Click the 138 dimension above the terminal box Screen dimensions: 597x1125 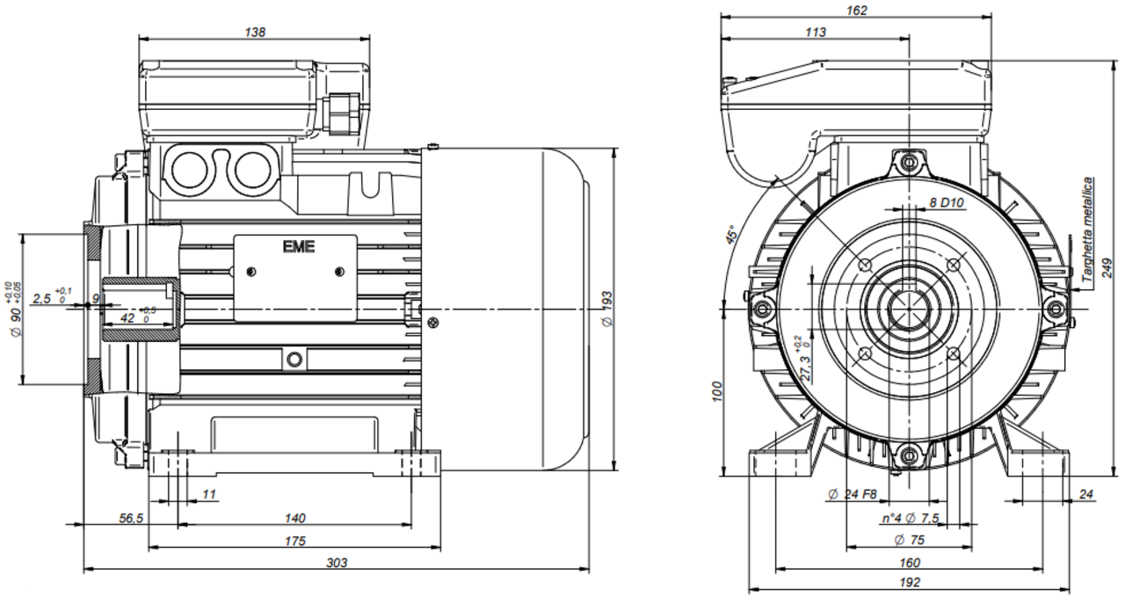[x=254, y=32]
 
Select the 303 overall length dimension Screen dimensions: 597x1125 [x=337, y=563]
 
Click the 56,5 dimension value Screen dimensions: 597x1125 [x=129, y=518]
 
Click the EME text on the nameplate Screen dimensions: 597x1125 [x=296, y=247]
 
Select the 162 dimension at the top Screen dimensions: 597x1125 [x=857, y=11]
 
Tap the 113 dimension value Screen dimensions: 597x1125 [x=815, y=33]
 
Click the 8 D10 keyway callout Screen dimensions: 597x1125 [x=947, y=202]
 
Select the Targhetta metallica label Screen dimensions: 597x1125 [x=1088, y=230]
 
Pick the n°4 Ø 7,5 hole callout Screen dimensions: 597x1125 [x=911, y=519]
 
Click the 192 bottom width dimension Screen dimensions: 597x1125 [x=910, y=583]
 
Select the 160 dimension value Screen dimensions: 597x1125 [x=910, y=562]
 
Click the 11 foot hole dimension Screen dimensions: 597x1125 [x=208, y=495]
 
